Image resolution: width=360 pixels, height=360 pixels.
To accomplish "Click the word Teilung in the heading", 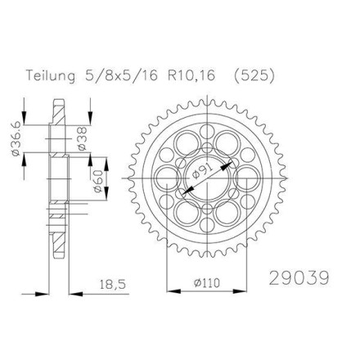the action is pyautogui.click(x=51, y=75).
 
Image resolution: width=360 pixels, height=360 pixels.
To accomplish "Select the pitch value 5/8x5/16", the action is pyautogui.click(x=122, y=75).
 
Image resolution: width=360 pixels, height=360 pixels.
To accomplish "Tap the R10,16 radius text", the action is pyautogui.click(x=191, y=75).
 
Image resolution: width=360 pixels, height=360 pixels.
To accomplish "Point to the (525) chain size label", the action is pyautogui.click(x=254, y=76).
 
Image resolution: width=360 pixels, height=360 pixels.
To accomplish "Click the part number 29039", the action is pyautogui.click(x=299, y=278).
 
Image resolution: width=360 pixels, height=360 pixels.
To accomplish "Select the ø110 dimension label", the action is pyautogui.click(x=207, y=283).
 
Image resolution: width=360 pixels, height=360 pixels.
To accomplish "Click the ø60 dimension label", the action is pyautogui.click(x=98, y=180).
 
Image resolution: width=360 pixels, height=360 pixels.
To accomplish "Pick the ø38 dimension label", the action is pyautogui.click(x=82, y=138).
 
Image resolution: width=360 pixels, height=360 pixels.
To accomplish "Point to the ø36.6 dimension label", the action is pyautogui.click(x=16, y=139).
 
